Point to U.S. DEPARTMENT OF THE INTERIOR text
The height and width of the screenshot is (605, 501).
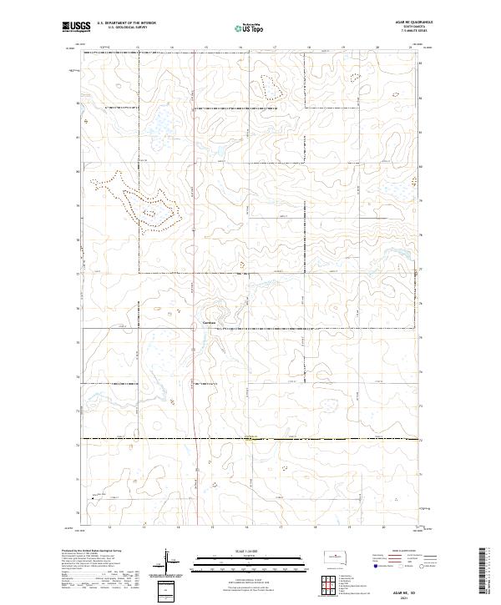pos(126,24)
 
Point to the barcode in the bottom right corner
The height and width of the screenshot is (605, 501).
pos(486,571)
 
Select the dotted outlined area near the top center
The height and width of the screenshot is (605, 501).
pos(271,86)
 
